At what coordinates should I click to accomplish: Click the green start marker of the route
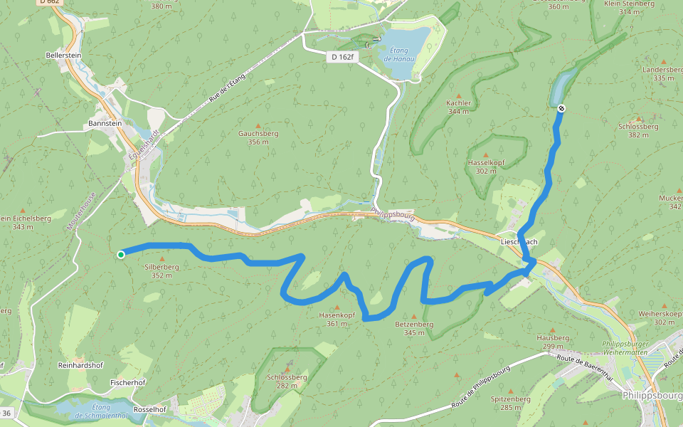click(121, 255)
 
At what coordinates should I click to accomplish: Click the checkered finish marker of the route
click(561, 108)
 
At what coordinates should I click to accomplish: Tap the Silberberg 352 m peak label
click(162, 270)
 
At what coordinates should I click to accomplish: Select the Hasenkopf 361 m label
click(337, 319)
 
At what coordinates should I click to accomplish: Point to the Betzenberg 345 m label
click(414, 328)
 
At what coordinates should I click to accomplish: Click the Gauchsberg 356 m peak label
click(258, 137)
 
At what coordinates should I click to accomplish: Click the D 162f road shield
click(341, 56)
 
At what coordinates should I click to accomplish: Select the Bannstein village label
click(104, 123)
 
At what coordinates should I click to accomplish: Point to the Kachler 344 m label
click(458, 107)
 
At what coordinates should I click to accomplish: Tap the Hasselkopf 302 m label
click(486, 167)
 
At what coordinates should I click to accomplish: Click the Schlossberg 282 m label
click(287, 381)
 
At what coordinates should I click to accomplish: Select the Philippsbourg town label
click(652, 394)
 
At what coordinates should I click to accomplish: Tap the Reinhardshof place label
click(78, 364)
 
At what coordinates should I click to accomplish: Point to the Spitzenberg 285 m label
click(511, 403)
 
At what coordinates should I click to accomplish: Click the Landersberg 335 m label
click(662, 74)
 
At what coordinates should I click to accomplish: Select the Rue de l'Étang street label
click(227, 90)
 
